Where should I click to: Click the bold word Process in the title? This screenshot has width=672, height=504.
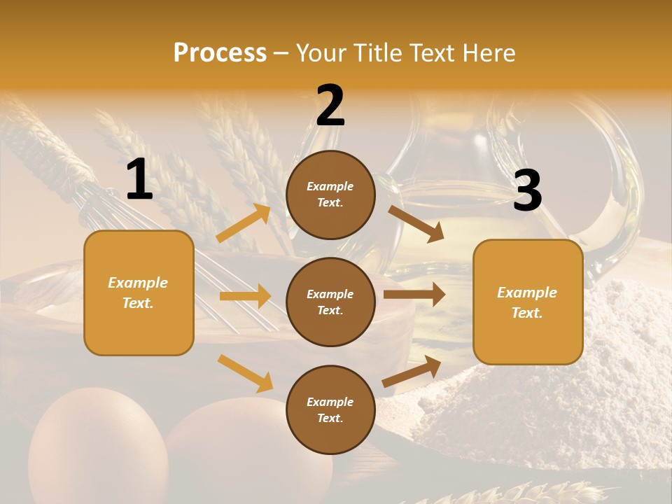tap(220, 52)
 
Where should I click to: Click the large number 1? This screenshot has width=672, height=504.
tap(139, 179)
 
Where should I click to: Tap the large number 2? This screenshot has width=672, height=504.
tap(330, 106)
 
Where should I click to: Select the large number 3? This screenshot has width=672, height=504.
tap(527, 191)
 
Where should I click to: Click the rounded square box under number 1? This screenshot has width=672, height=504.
tap(139, 293)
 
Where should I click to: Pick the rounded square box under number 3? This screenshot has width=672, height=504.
tap(528, 302)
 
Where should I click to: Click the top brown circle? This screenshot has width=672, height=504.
tap(330, 195)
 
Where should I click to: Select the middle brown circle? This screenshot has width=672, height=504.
tap(330, 302)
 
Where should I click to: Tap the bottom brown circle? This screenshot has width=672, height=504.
tap(330, 409)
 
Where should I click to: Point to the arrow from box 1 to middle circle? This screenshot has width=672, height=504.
tap(245, 296)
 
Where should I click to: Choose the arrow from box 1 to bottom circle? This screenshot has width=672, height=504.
tap(245, 373)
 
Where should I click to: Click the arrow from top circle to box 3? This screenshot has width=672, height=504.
tap(416, 223)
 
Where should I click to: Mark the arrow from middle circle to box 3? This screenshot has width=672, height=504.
tap(414, 294)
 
